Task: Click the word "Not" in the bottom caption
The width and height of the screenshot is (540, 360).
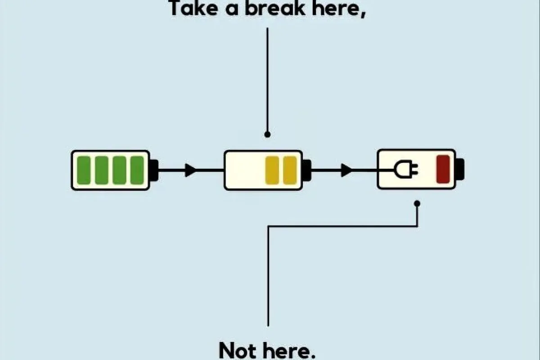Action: click(x=238, y=350)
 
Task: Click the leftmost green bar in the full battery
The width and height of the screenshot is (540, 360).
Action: click(x=84, y=170)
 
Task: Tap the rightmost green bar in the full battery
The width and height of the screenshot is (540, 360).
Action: click(x=137, y=170)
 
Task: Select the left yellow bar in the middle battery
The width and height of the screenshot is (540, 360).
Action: click(x=272, y=170)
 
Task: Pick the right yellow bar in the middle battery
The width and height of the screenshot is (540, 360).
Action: click(x=290, y=170)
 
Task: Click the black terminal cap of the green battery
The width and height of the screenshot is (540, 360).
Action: click(x=153, y=170)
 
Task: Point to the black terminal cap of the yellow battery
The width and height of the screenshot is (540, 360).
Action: click(x=306, y=170)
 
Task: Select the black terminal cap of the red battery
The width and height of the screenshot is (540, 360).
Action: click(x=460, y=170)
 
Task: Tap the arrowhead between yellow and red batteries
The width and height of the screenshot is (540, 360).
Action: click(x=346, y=170)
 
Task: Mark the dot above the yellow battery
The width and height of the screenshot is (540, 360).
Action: click(x=267, y=134)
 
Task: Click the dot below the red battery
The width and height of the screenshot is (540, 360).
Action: click(x=417, y=203)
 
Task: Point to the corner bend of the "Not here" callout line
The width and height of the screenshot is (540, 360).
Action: click(x=268, y=226)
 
